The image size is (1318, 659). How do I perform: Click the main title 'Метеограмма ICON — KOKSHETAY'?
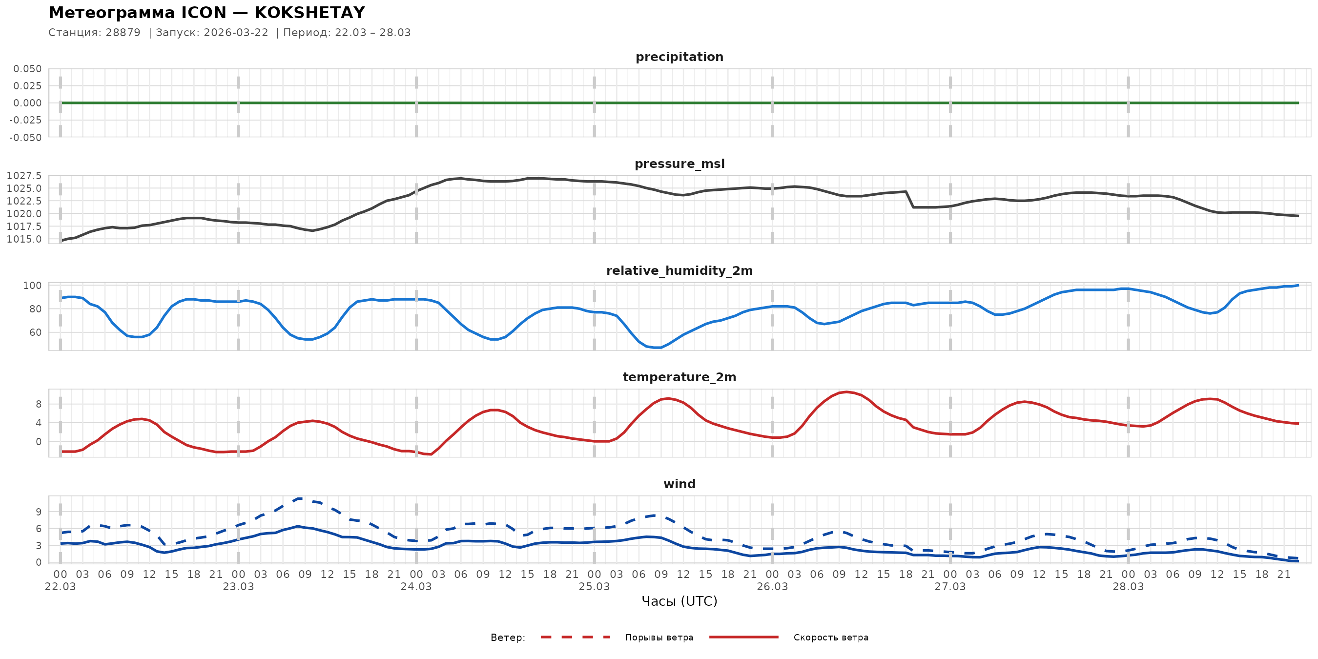(x=206, y=13)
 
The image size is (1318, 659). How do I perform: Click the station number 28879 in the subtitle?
(x=123, y=33)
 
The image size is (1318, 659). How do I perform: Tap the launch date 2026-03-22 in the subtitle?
(x=236, y=33)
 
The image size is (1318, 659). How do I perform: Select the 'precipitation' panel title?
(x=679, y=57)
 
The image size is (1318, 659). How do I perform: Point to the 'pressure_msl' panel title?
(x=679, y=164)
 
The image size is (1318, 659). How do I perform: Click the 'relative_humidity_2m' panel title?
(x=679, y=270)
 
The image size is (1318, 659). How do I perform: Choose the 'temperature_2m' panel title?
(x=679, y=377)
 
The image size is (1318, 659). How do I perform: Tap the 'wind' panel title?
(x=679, y=484)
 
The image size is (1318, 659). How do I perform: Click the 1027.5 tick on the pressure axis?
(x=24, y=176)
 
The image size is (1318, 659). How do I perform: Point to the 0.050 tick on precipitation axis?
(x=28, y=68)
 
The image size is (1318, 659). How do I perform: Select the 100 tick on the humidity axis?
(x=32, y=286)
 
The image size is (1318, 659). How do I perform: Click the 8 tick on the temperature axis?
(x=39, y=404)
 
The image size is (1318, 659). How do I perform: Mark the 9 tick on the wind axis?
(x=39, y=512)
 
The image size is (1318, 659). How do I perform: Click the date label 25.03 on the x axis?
(x=594, y=587)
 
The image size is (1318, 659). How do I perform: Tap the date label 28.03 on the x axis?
(x=1128, y=587)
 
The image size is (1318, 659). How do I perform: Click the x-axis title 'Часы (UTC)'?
(x=679, y=601)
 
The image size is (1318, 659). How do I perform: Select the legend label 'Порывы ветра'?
(x=659, y=638)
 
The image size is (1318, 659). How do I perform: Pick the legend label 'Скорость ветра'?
(x=830, y=638)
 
